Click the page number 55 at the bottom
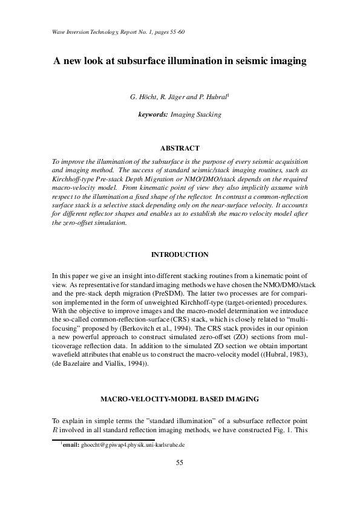pos(180,462)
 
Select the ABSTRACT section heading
pos(180,148)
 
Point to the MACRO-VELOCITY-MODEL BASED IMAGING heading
pos(180,400)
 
